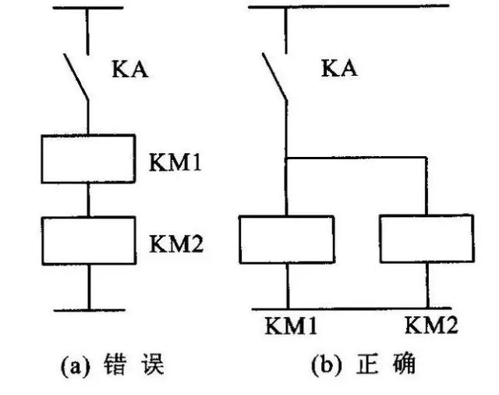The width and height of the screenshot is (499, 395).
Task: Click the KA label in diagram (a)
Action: coord(129,71)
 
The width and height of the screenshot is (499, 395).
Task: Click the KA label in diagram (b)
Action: coord(339,69)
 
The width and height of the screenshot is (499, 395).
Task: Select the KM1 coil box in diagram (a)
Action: coord(88,158)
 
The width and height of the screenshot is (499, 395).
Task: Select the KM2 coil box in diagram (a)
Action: coord(88,240)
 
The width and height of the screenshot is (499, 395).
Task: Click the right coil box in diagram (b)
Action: coord(426,240)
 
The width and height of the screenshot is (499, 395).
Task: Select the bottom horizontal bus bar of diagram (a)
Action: coord(88,310)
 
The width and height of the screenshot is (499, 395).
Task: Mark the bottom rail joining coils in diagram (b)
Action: coord(359,308)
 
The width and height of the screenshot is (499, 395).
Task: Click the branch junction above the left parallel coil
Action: coord(287,158)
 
